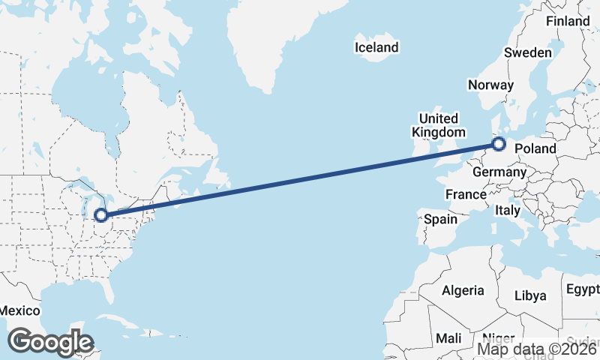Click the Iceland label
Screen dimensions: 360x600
tap(376, 47)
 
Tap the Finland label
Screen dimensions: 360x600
tap(568, 21)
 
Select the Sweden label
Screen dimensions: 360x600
tap(527, 52)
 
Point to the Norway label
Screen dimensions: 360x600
tap(490, 85)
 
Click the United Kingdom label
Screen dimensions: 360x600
tap(438, 125)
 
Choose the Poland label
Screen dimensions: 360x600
tap(535, 148)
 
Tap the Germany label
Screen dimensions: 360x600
tap(499, 172)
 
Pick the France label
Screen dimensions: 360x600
tap(466, 194)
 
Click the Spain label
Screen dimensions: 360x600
tap(440, 219)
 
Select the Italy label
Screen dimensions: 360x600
tap(508, 211)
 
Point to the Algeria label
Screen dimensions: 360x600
tap(463, 291)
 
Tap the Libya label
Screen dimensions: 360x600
tap(529, 295)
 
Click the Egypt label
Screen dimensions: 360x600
tap(583, 289)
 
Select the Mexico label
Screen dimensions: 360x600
tap(19, 310)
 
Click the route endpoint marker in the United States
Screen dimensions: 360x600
tap(100, 217)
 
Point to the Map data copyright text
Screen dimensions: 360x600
tap(537, 349)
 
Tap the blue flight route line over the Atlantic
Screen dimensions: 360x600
tap(300, 181)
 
